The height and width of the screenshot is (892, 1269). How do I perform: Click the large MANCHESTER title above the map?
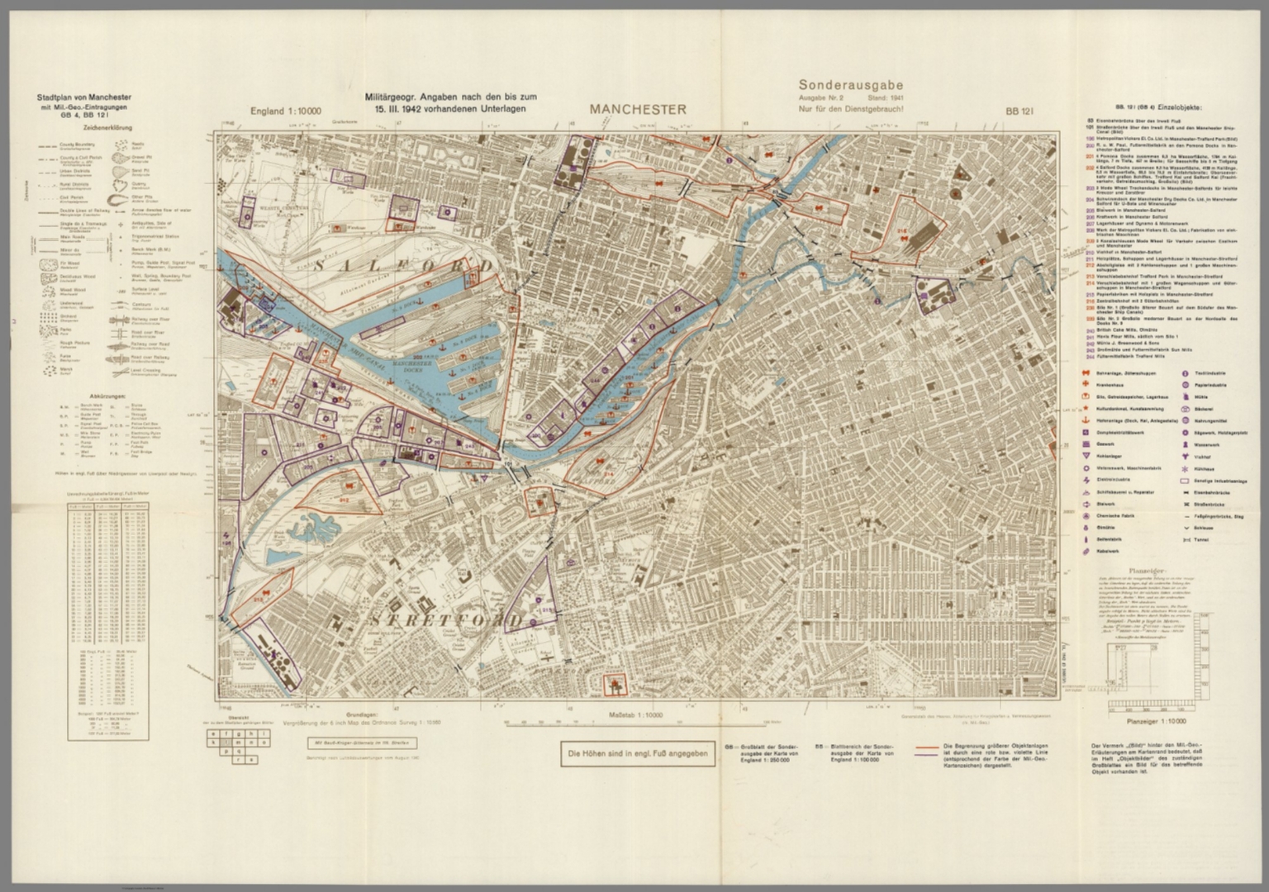click(638, 109)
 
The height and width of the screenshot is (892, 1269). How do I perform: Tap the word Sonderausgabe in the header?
click(850, 84)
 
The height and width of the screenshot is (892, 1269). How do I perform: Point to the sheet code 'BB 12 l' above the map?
click(1020, 111)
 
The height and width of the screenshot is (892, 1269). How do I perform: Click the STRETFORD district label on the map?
click(446, 619)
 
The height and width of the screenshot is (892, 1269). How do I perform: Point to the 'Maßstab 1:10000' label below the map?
click(635, 715)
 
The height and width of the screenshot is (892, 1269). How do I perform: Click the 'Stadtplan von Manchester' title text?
click(88, 97)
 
